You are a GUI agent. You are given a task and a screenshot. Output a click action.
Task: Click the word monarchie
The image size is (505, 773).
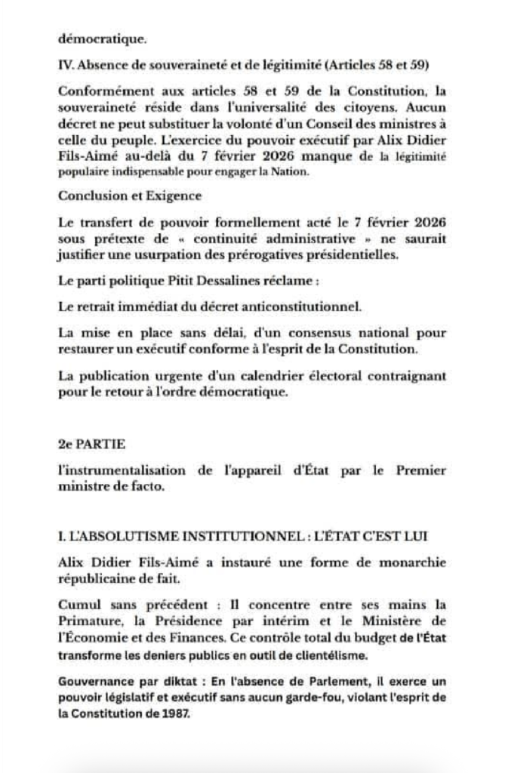pos(410,563)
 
